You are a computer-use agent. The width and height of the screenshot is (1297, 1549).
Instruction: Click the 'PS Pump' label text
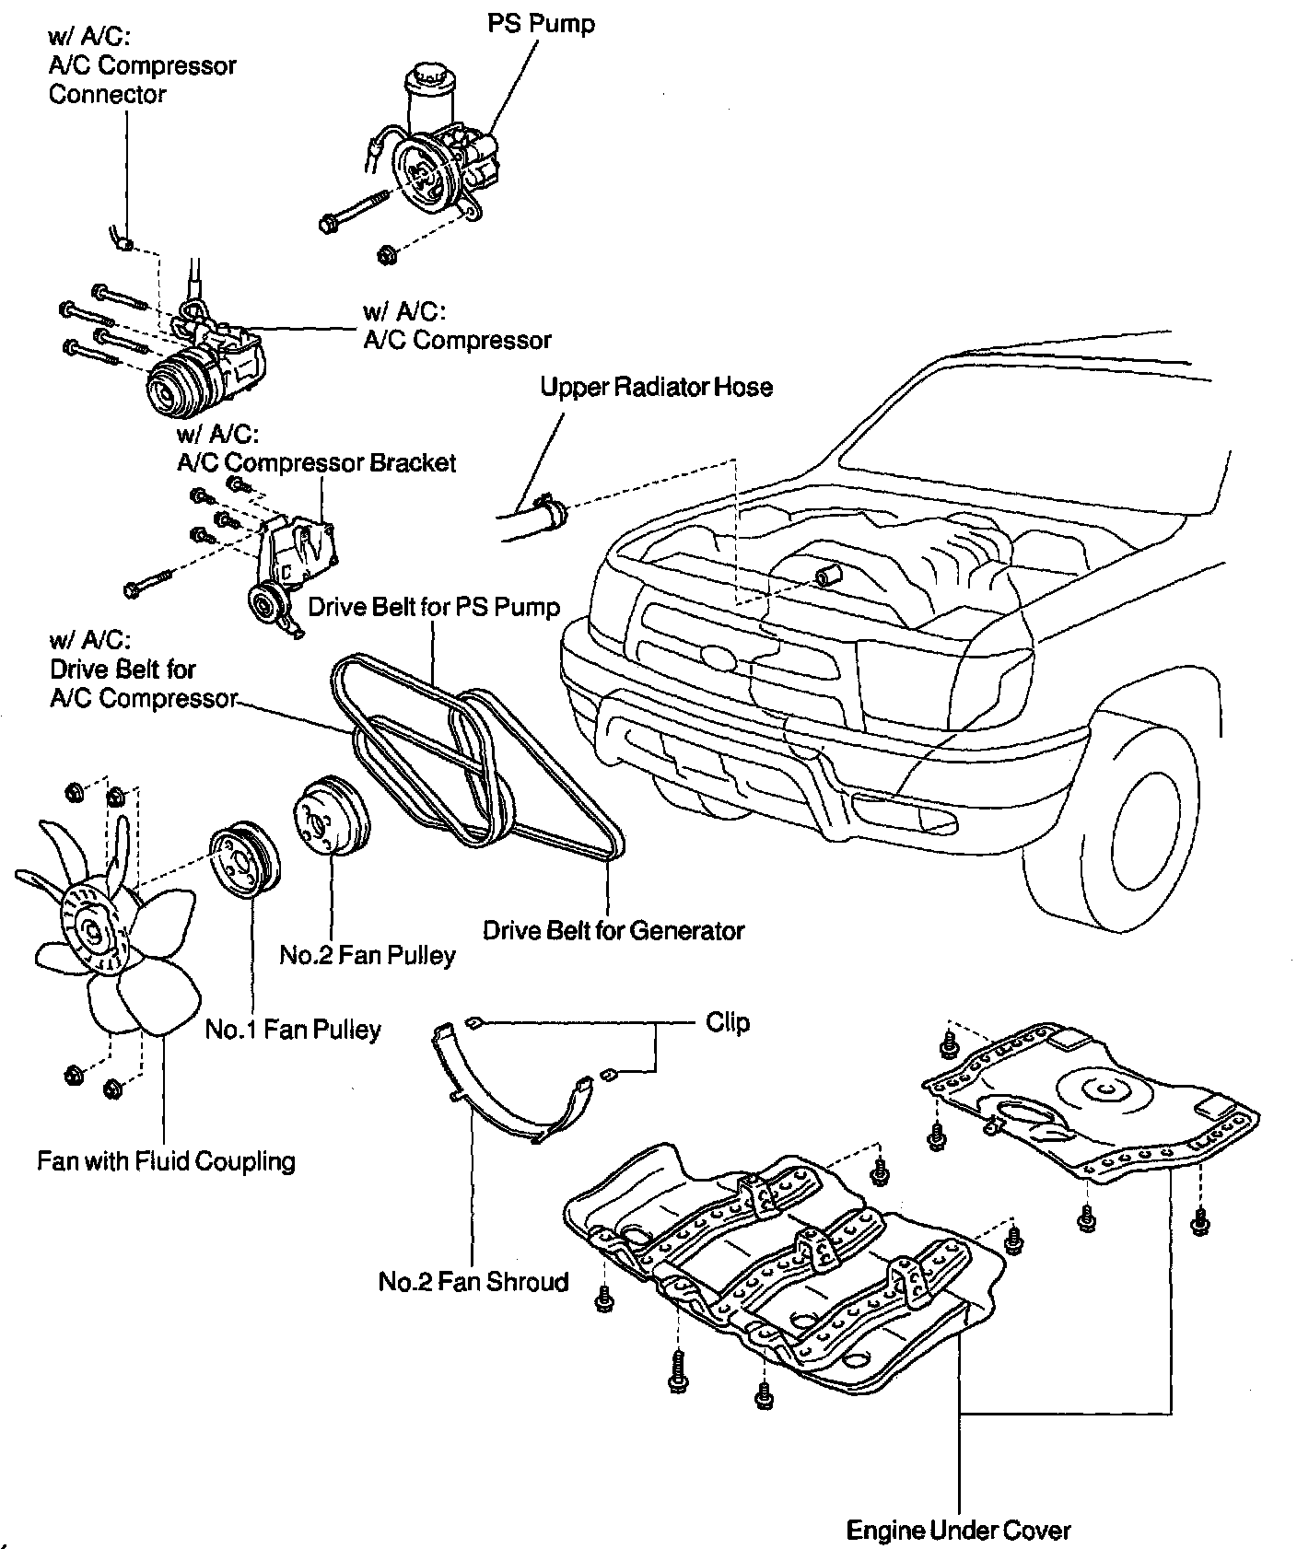(541, 23)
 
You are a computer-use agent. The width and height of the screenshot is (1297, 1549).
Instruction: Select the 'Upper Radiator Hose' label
(656, 387)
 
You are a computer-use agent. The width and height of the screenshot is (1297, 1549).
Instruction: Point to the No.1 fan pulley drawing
(243, 859)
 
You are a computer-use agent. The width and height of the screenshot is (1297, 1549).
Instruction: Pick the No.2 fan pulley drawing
(330, 819)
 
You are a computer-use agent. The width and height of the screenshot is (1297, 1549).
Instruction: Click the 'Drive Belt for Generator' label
(613, 930)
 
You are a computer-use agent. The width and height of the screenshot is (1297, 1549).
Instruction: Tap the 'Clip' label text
(728, 1022)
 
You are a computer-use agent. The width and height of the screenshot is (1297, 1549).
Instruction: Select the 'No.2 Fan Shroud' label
(473, 1281)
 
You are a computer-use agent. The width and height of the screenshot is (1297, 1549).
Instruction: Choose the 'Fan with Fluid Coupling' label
(166, 1160)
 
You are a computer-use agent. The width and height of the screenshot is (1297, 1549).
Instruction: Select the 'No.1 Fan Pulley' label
(293, 1029)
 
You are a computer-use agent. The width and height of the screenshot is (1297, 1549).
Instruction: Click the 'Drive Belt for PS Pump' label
(434, 607)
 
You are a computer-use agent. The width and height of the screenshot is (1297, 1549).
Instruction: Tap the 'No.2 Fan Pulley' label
(368, 955)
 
